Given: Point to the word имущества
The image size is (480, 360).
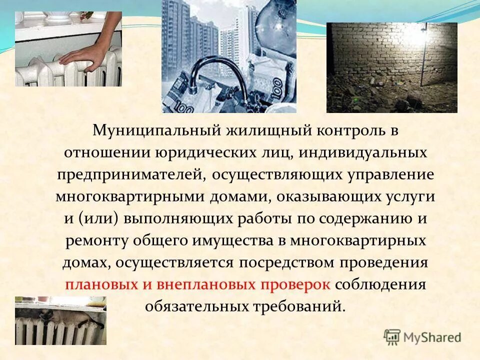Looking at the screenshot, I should [x=233, y=240].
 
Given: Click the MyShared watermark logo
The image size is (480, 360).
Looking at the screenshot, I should [x=422, y=337].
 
